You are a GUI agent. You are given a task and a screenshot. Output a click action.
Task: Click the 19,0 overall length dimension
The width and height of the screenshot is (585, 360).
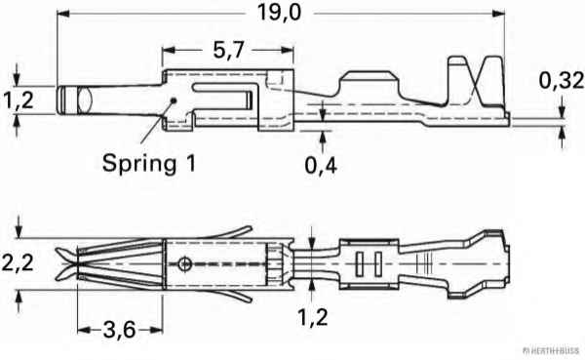tap(279, 13)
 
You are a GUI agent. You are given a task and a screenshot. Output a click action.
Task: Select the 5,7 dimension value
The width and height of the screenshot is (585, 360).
tap(229, 50)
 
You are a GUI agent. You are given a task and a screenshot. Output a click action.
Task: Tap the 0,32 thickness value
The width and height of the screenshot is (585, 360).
tap(562, 81)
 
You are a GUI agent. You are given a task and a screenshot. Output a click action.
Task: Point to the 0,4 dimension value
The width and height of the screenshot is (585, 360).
tap(321, 165)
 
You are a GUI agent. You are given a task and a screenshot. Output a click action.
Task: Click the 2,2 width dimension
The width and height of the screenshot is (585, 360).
tap(18, 262)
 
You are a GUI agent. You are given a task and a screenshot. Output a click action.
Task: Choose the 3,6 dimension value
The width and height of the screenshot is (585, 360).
tap(119, 330)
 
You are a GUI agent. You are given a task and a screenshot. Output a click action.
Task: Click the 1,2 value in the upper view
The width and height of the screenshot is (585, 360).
tap(19, 100)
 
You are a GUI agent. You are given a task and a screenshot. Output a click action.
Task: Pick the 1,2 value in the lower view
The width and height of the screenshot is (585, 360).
tap(313, 317)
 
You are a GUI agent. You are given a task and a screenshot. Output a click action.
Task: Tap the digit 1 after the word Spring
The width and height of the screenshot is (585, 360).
tap(191, 163)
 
